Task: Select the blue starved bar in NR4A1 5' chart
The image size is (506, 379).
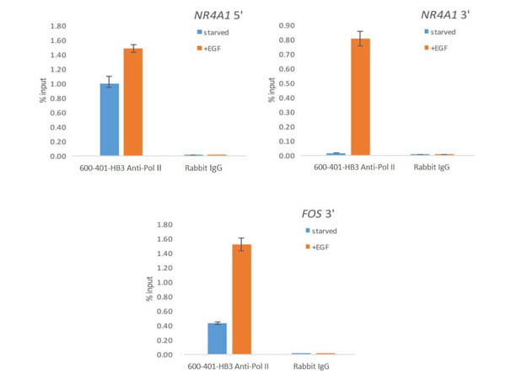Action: click(x=110, y=120)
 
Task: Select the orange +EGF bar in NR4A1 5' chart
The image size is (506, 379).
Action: click(x=133, y=102)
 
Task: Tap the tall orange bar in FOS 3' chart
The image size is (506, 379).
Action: click(x=241, y=299)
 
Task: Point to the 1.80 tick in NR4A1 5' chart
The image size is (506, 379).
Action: click(x=57, y=26)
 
